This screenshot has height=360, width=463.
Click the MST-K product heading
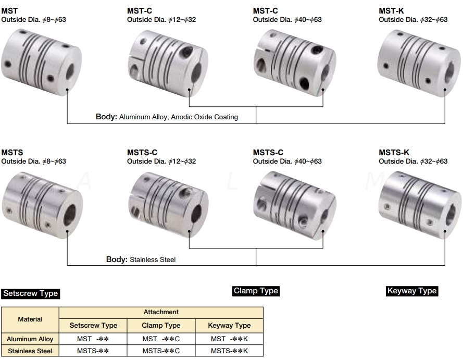(391, 10)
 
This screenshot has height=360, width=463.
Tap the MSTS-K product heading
(394, 152)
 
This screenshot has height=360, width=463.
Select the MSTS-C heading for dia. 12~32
(142, 152)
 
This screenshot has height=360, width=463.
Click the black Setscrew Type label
(30, 293)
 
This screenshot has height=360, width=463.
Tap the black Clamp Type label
(256, 291)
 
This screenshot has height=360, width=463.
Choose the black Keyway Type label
(411, 291)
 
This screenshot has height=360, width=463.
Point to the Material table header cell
(30, 319)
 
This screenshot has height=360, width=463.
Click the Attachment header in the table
(161, 312)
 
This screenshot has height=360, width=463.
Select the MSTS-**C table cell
(161, 351)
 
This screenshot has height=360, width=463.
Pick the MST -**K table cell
(229, 339)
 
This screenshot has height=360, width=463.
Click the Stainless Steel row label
(30, 351)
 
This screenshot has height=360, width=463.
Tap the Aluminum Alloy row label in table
(30, 339)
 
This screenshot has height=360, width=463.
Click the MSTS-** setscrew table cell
(93, 351)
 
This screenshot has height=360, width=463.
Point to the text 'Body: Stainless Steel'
(141, 259)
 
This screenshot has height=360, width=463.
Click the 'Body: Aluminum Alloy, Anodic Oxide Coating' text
(167, 117)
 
